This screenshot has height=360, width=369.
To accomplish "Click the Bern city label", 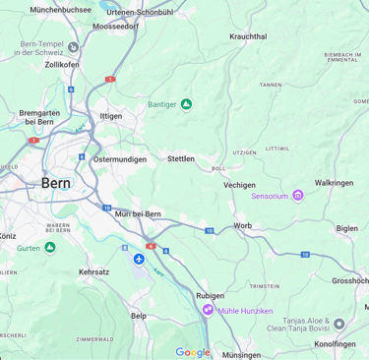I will tap(56, 183).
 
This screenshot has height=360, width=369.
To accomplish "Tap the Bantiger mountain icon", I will tap(186, 104).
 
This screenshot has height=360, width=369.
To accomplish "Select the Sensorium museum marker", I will tap(298, 196).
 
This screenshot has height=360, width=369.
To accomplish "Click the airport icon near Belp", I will tap(139, 260).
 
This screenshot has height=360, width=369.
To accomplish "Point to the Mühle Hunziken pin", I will tap(208, 310).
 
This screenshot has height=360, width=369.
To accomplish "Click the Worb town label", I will tap(242, 226).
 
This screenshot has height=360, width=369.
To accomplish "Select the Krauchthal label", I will tap(248, 36).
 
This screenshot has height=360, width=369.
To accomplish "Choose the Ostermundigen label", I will tap(119, 159).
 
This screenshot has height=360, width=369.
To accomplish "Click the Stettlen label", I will tap(181, 158).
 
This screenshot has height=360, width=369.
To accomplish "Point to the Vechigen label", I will tap(239, 185).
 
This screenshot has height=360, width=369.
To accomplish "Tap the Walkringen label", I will tap(334, 183).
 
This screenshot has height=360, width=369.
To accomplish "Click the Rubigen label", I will tap(210, 295).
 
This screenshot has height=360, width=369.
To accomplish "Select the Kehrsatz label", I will tap(94, 271).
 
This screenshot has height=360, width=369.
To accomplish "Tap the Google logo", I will tap(193, 352).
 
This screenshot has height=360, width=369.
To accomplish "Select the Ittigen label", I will tap(111, 116).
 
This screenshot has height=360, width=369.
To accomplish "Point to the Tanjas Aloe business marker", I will tap(339, 324).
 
